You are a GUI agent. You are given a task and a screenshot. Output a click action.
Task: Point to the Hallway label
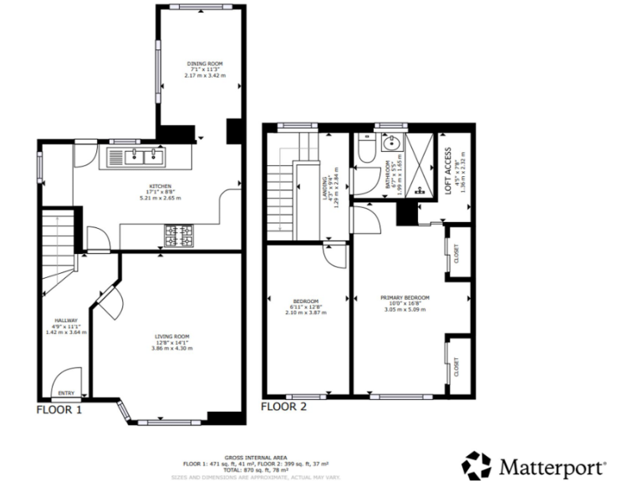(66, 321)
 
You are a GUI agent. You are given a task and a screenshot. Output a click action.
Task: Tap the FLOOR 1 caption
(59, 410)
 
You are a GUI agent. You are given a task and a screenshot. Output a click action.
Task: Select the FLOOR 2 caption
(284, 407)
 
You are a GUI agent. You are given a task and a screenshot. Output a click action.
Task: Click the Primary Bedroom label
(405, 298)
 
